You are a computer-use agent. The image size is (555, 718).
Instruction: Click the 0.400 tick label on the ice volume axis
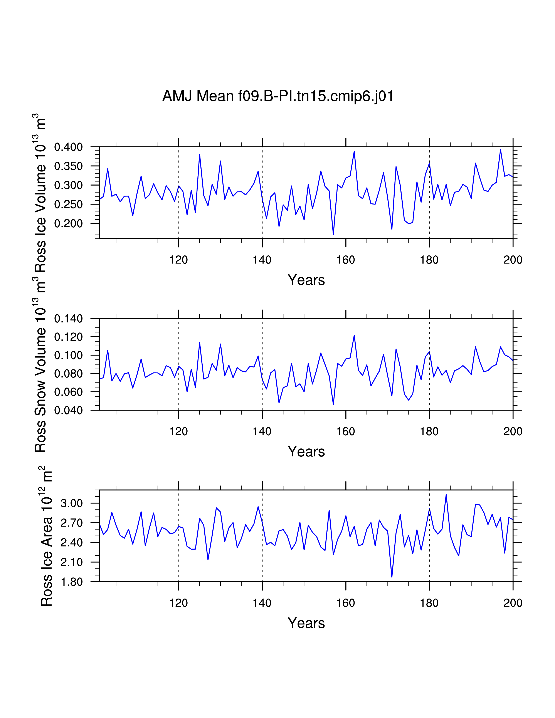68,147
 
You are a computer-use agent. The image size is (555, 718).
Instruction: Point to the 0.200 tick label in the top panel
68,223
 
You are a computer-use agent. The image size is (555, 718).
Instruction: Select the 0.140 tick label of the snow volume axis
68,318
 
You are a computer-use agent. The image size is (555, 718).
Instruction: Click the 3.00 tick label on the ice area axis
71,503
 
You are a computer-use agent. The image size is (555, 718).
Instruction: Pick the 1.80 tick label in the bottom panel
71,582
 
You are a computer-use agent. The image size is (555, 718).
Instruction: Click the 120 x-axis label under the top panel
178,260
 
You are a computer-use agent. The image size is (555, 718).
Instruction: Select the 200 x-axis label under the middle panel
513,431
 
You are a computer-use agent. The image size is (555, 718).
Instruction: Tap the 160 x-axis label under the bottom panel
346,603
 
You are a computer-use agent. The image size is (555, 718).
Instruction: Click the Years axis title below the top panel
306,280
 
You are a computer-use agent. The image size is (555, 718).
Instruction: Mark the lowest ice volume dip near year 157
333,234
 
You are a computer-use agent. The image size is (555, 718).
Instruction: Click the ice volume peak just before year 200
500,150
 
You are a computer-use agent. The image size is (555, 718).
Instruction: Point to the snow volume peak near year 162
354,335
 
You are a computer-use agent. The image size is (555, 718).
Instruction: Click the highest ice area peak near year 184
446,495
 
